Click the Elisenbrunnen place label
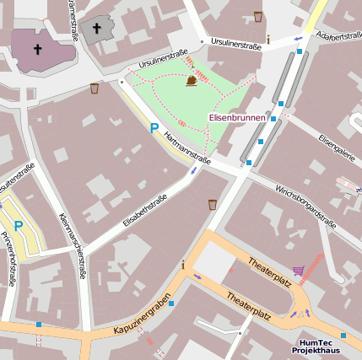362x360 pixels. click(237, 118)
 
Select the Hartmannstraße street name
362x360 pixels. click(187, 146)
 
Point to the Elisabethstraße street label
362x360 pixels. click(145, 211)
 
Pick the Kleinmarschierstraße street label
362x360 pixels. click(73, 244)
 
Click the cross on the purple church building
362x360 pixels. click(37, 49)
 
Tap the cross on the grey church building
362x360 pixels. click(96, 29)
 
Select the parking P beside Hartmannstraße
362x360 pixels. click(154, 129)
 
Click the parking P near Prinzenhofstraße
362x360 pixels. click(18, 226)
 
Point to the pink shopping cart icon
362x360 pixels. click(298, 271)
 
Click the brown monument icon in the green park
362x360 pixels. click(192, 80)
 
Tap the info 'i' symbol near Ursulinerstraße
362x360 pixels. click(268, 40)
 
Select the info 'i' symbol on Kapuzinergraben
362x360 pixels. click(183, 265)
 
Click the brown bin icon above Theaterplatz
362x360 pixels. click(212, 203)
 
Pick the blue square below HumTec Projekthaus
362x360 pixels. click(343, 335)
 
